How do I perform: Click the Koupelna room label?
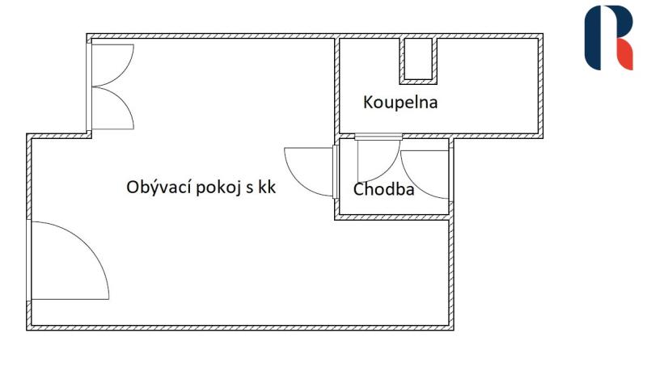click(x=400, y=102)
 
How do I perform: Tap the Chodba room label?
click(x=383, y=189)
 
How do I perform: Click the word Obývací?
click(x=159, y=188)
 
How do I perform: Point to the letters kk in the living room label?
click(x=267, y=188)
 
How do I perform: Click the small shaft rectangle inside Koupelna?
click(x=418, y=60)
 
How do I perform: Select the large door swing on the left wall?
click(x=70, y=260)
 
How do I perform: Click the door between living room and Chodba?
click(x=309, y=171)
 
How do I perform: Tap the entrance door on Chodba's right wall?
click(x=425, y=175)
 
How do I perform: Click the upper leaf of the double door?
click(x=112, y=65)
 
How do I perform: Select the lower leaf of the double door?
click(x=112, y=108)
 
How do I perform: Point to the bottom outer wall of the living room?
click(x=240, y=327)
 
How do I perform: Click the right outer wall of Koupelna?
click(x=540, y=86)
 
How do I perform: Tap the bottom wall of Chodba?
click(x=394, y=217)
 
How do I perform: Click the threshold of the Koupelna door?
click(x=378, y=137)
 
